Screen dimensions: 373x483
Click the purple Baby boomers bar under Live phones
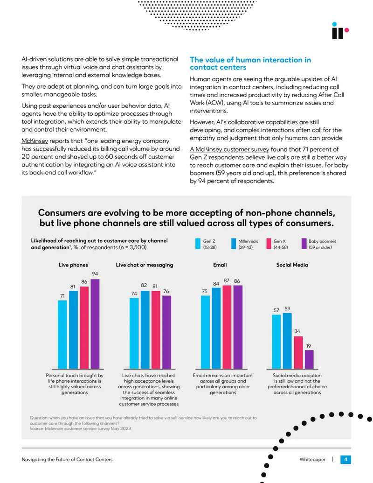point(95,324)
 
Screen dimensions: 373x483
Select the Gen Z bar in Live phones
point(62,335)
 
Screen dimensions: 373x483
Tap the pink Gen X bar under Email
point(227,327)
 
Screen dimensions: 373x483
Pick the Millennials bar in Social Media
point(287,341)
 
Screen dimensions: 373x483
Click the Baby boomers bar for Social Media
point(309,359)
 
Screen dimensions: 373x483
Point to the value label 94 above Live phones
point(95,274)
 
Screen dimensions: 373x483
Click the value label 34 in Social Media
point(297,331)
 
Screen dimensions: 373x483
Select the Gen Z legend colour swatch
point(198,244)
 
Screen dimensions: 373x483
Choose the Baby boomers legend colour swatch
point(304,244)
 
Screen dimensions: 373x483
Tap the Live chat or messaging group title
point(145,265)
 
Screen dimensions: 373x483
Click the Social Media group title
point(292,265)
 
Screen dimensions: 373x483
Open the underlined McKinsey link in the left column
point(35,141)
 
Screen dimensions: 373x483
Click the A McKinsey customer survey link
point(229,149)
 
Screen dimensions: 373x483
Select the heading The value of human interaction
point(250,63)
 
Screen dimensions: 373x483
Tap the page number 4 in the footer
point(345,460)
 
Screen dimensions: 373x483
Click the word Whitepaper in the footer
point(312,460)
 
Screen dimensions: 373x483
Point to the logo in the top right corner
point(340,31)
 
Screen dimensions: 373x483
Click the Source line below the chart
point(80,428)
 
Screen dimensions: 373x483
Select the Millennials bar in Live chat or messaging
point(145,330)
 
